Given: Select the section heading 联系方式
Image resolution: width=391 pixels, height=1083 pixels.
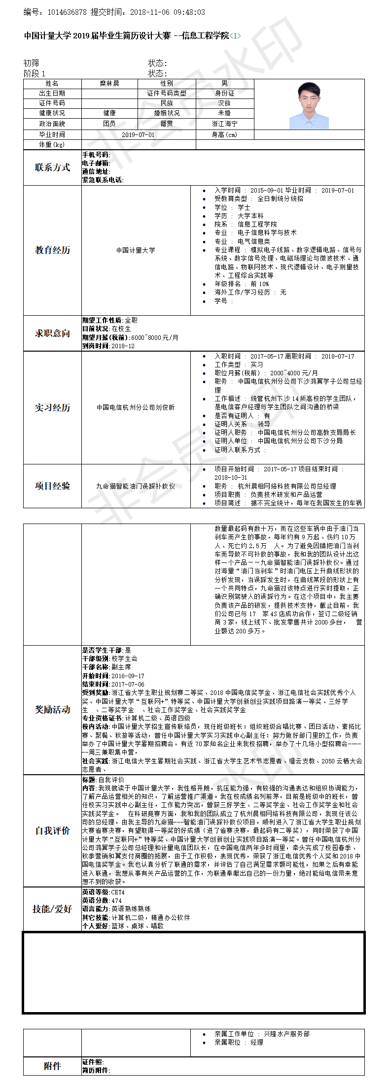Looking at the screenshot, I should click(x=52, y=167).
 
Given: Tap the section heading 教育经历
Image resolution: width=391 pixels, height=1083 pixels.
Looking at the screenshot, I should click(x=52, y=250).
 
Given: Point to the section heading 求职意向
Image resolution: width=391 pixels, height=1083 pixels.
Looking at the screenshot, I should click(x=52, y=333).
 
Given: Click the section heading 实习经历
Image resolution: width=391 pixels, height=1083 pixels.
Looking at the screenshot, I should click(x=52, y=408).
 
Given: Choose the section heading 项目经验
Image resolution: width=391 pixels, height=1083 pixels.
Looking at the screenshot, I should click(x=52, y=486).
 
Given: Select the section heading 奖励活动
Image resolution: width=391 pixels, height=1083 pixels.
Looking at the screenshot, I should click(x=52, y=710).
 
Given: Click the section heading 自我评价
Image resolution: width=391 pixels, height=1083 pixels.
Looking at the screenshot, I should click(x=52, y=831).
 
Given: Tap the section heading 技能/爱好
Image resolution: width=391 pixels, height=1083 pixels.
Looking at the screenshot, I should click(x=52, y=909).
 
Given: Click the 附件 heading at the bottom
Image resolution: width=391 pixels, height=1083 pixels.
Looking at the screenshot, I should click(x=52, y=1066).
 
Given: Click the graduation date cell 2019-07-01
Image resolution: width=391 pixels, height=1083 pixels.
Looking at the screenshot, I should click(x=138, y=134).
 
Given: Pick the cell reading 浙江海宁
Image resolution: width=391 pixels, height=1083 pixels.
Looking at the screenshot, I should click(x=224, y=124).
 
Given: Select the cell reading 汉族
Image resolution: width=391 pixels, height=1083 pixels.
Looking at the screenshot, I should click(x=224, y=103).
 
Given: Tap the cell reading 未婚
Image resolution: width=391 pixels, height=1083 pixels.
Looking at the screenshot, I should click(x=224, y=113).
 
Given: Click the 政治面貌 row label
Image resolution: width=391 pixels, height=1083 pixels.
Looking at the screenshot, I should click(x=52, y=124).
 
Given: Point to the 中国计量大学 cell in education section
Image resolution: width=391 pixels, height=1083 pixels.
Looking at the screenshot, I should click(x=136, y=250).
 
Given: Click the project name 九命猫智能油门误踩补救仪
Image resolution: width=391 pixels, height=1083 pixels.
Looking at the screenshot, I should click(x=136, y=486).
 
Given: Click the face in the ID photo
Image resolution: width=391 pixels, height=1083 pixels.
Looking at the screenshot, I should click(x=309, y=98).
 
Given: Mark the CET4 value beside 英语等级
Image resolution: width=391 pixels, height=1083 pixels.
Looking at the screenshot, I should click(x=118, y=892).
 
